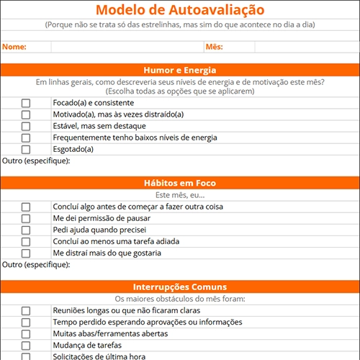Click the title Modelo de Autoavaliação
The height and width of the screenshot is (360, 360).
pos(179,10)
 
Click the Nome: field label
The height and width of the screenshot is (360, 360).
pos(14,47)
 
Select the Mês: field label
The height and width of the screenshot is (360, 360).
pos(214,47)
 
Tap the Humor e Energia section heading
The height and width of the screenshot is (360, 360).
pos(179,70)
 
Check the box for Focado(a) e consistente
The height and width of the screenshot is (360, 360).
pos(26,103)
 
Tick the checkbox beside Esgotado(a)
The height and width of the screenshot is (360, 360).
pos(26,149)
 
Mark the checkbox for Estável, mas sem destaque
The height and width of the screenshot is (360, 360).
pos(26,126)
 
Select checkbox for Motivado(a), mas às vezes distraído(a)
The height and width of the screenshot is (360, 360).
pos(26,114)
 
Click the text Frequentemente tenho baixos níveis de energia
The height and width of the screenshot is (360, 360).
pos(135,138)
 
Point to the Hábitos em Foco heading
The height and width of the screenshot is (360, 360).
pos(179,183)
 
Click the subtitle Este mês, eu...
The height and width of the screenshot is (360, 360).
pos(179,195)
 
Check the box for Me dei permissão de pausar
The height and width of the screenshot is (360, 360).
pos(26,218)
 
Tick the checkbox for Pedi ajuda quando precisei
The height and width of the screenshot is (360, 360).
pos(26,230)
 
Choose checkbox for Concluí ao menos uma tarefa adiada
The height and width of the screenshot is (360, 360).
pos(26,241)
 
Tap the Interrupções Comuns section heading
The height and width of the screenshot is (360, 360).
pos(179,287)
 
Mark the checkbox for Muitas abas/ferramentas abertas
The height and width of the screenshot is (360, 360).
pos(26,333)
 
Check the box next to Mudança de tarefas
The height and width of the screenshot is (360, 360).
pos(26,345)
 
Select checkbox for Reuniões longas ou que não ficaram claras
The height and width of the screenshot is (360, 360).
pos(26,310)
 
